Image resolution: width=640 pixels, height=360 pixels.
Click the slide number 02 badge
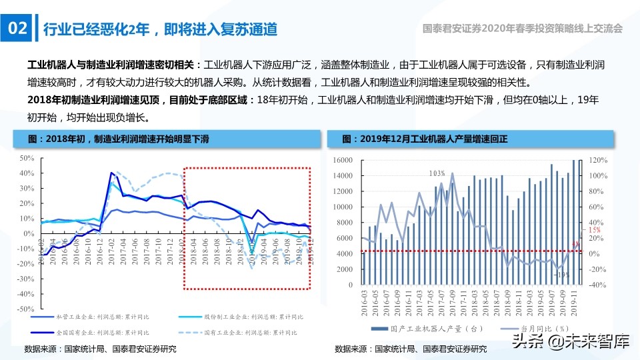[x=17, y=29]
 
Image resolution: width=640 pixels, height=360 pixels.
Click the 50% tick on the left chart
[x=27, y=158]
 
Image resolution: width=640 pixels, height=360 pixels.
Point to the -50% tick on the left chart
[x=26, y=309]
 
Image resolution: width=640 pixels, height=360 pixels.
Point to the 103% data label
[x=437, y=173]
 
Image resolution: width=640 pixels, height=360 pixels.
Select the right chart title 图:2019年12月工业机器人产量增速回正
[x=424, y=139]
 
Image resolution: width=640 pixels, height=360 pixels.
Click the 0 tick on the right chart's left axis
[x=349, y=285]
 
